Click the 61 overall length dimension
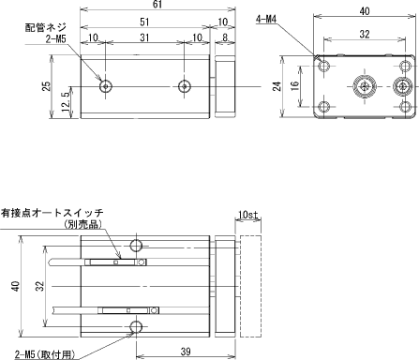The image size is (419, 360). (157, 5)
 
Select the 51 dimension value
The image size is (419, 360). (144, 22)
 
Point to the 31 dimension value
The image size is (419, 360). (144, 37)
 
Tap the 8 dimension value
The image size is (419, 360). (225, 37)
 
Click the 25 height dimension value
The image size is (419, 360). (46, 86)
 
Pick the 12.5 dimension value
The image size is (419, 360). (66, 103)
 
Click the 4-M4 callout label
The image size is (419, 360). (266, 20)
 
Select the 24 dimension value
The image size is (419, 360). (277, 86)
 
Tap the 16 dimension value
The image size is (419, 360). (294, 85)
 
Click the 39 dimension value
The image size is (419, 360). (186, 352)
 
